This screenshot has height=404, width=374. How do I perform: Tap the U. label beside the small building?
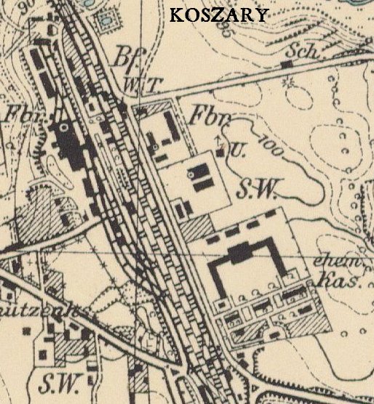click(236, 150)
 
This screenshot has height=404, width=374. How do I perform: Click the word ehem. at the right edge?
click(333, 262)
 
